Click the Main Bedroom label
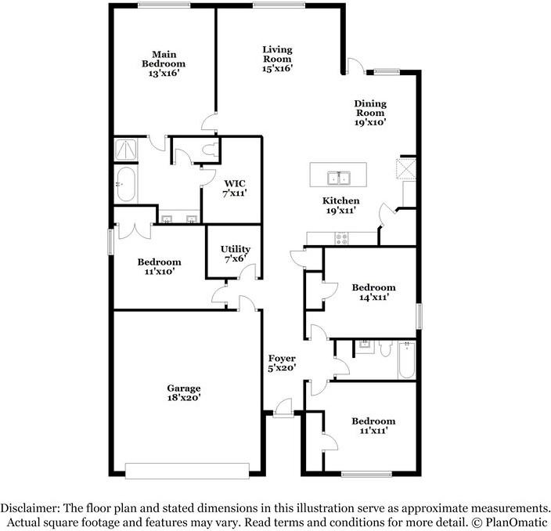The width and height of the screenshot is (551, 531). tap(163, 63)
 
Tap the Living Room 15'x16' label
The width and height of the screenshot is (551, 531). tap(276, 59)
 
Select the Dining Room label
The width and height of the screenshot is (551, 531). tap(369, 112)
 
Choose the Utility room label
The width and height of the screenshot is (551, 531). tap(235, 253)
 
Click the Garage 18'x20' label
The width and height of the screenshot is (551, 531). tap(183, 392)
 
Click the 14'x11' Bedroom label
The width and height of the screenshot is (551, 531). tap(373, 292)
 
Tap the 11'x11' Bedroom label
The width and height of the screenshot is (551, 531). tap(373, 425)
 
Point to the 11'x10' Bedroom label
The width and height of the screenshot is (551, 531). tap(159, 266)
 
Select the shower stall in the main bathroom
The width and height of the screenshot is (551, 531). tap(125, 149)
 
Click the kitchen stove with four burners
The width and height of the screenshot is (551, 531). tap(341, 237)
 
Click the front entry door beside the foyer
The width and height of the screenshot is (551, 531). tap(283, 408)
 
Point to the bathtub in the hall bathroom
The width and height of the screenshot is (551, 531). tap(405, 361)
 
